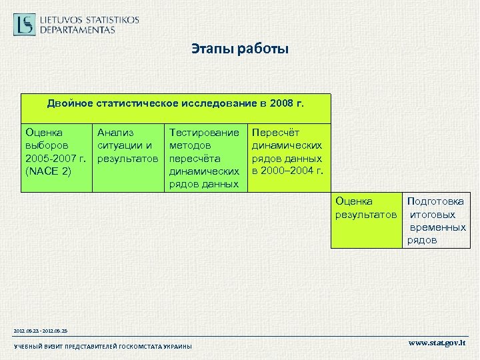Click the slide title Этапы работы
(239, 49)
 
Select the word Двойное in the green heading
(70, 104)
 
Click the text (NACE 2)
(47, 171)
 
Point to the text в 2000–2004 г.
(287, 171)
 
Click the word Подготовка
(436, 201)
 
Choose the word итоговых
(433, 215)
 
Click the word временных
(439, 227)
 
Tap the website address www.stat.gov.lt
(437, 343)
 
